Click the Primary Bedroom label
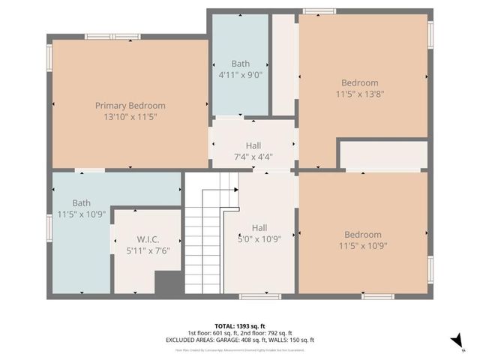pos(130,106)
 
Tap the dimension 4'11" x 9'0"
pos(240,75)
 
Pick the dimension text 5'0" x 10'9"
pos(259,239)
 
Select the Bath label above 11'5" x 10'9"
pos(81,202)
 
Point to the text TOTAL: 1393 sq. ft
pos(240,325)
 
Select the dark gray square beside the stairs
pos(169,283)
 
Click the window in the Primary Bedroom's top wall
pos(112,36)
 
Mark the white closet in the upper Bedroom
pos(384,154)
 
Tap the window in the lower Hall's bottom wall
pos(259,296)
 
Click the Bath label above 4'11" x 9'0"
pos(240,64)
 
